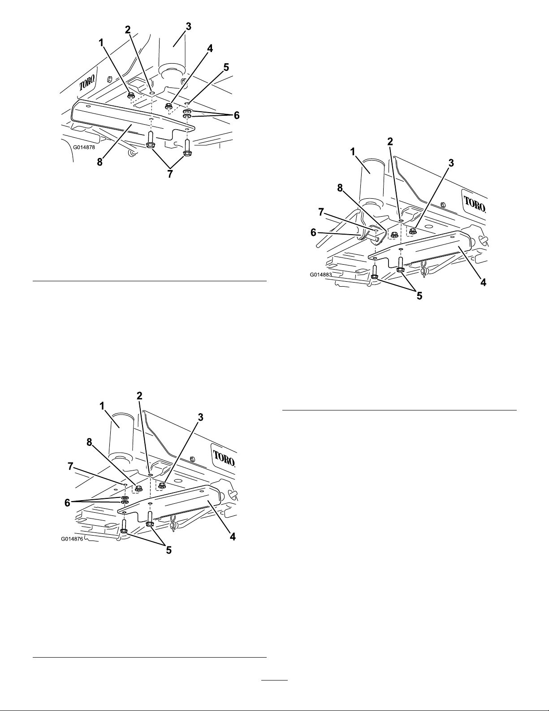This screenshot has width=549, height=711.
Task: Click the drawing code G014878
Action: coord(84,147)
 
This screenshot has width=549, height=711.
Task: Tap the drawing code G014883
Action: coord(321,275)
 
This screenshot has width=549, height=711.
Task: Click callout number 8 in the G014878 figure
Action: coord(99,162)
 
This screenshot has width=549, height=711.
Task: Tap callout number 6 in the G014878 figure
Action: coord(236,115)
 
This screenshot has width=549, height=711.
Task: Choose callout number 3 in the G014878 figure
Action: coord(188,27)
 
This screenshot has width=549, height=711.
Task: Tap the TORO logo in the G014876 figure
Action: coord(224,458)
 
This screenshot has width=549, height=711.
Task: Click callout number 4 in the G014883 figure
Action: coord(483,282)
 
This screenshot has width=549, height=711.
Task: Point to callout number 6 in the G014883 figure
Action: coord(313,233)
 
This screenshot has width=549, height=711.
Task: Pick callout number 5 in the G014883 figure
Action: coord(419,296)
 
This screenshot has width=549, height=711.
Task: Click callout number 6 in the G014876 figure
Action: coord(67,503)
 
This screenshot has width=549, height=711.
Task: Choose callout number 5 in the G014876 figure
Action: coord(169,550)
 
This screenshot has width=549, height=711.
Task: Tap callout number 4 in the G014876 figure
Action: coord(232,537)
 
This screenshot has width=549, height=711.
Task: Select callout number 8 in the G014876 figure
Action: coord(89,442)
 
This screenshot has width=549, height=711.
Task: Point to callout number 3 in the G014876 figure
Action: coord(200,417)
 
